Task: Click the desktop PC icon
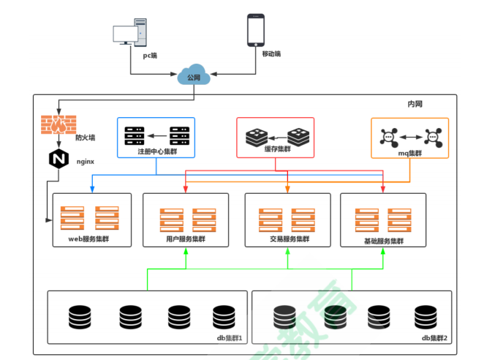pyautogui.click(x=132, y=34)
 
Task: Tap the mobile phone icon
pyautogui.click(x=256, y=31)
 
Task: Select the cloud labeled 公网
pyautogui.click(x=193, y=76)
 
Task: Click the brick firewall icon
pyautogui.click(x=57, y=124)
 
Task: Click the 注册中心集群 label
pyautogui.click(x=156, y=151)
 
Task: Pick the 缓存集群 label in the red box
pyautogui.click(x=275, y=149)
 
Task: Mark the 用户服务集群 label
pyautogui.click(x=185, y=239)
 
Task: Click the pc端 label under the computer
pyautogui.click(x=151, y=55)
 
